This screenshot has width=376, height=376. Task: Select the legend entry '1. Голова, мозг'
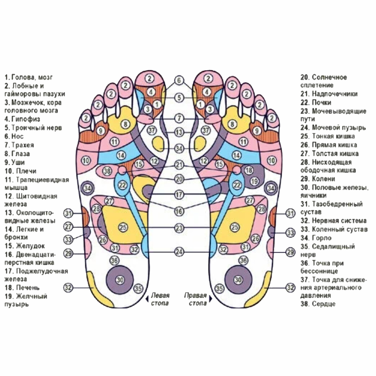click(29, 77)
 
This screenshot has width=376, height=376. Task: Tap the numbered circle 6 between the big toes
click(179, 80)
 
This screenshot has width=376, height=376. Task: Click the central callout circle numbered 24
click(179, 252)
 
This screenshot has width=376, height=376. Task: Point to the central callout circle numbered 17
click(179, 195)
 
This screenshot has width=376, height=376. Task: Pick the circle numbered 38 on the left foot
click(107, 171)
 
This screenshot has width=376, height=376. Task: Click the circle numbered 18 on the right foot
click(249, 170)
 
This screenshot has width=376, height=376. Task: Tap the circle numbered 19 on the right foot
click(255, 181)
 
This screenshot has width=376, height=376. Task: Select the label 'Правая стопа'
click(195, 299)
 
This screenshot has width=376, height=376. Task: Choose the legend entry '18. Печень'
click(22, 288)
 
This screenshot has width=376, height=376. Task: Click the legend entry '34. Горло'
click(316, 238)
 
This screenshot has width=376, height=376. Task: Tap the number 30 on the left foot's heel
click(120, 280)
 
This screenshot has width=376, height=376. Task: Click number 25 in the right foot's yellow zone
click(235, 227)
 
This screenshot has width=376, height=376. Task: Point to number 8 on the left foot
click(125, 124)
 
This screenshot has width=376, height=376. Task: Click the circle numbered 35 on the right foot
click(219, 288)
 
